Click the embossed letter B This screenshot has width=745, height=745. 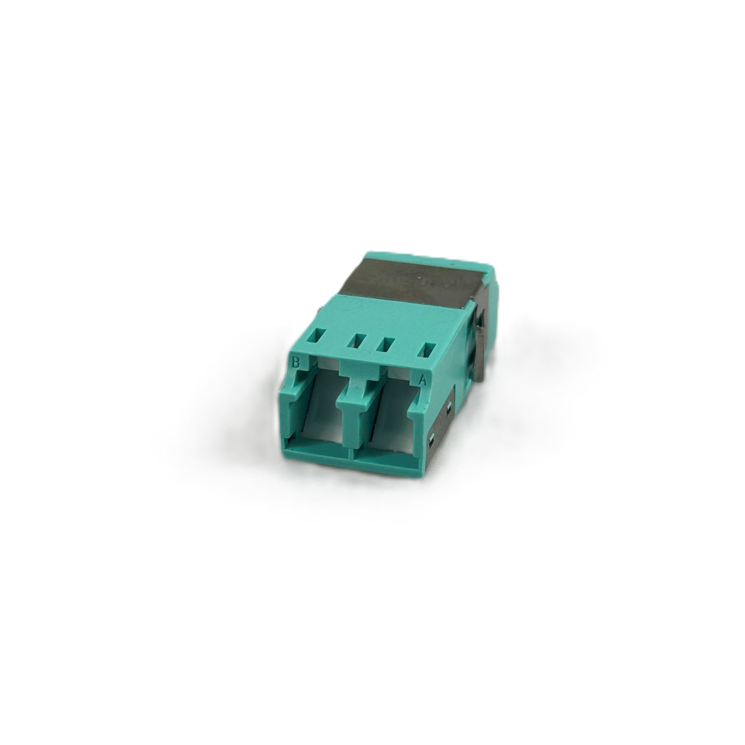click(x=296, y=363)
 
